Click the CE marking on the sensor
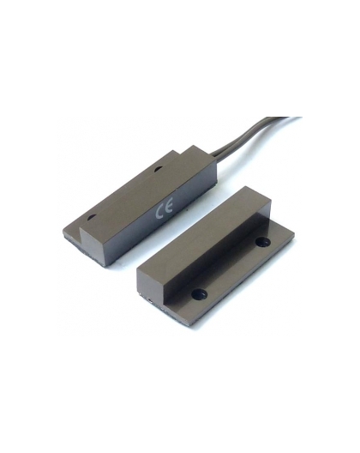pos(164,210)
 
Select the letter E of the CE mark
pos(169,208)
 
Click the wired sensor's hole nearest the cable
pos(158,169)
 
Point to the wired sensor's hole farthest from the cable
pos(93,217)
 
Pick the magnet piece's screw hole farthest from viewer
pos(263,242)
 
